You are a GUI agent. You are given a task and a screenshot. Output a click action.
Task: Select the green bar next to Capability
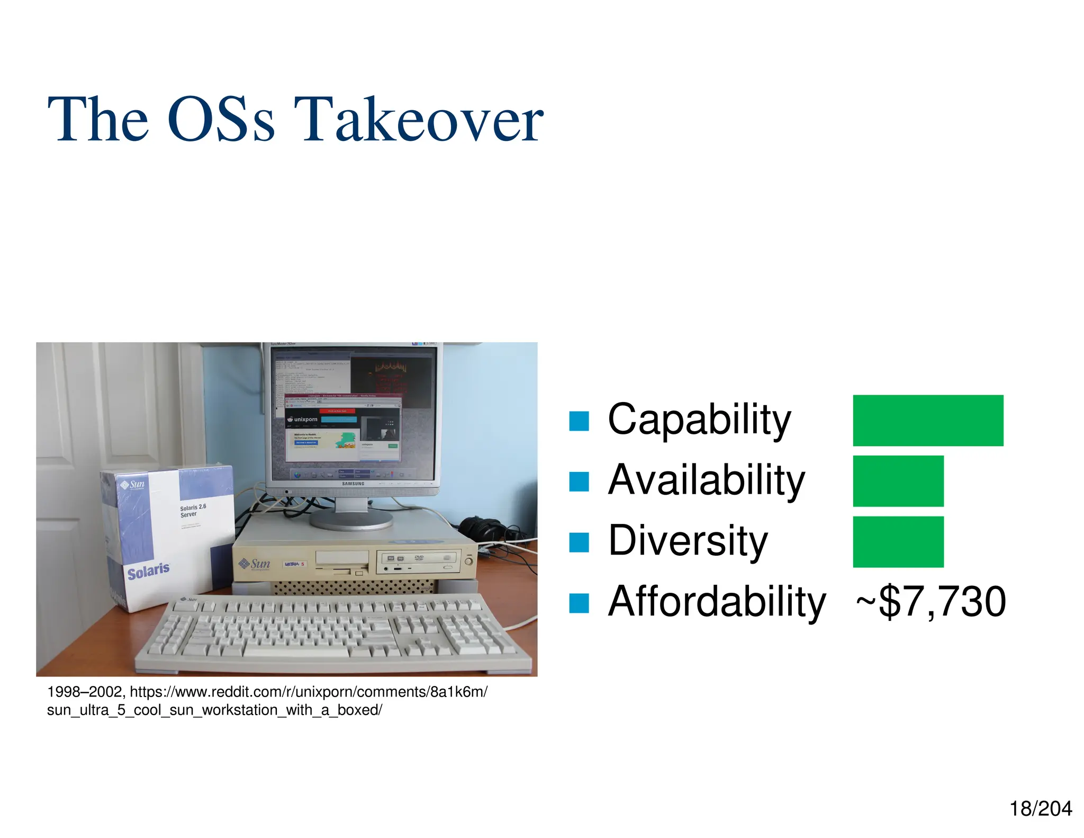(927, 420)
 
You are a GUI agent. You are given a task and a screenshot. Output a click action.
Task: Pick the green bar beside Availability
(898, 480)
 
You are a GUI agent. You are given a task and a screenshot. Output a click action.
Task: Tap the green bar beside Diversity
(898, 541)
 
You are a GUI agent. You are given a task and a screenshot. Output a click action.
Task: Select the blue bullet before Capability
(579, 421)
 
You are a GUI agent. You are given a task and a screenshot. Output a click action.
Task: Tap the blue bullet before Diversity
(579, 542)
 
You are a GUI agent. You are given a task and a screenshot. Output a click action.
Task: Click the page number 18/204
(1040, 809)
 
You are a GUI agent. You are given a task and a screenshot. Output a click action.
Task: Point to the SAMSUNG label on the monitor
(353, 484)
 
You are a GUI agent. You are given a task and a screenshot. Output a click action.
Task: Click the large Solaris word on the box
(148, 571)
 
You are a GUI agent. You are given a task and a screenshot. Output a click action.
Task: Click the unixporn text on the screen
(305, 420)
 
